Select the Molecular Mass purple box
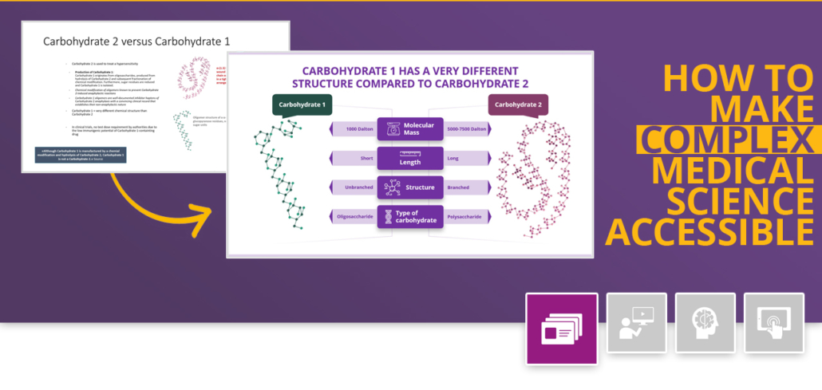click(410, 129)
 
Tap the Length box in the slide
click(410, 158)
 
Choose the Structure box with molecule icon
click(410, 187)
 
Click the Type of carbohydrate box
click(410, 217)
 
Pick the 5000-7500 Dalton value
click(468, 129)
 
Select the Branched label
click(459, 187)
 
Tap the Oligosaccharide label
click(354, 217)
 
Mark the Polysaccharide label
click(464, 217)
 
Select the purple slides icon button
click(561, 329)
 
